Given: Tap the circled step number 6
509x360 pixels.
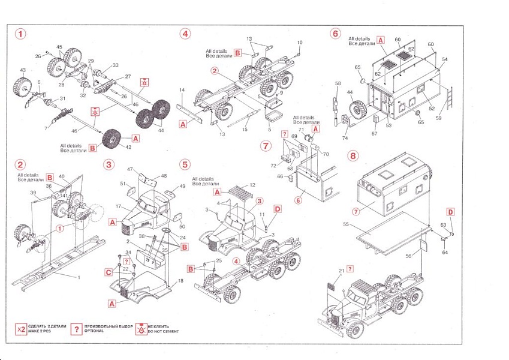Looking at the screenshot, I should click(335, 34).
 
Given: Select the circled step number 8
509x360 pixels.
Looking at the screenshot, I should click(353, 155).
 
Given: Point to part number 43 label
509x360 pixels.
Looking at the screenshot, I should click(23, 71).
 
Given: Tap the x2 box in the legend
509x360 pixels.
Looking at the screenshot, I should click(21, 329).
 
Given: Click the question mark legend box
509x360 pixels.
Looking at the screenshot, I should click(76, 329).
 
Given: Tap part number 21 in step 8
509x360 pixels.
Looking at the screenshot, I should click(342, 271).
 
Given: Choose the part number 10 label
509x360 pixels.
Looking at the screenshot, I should click(300, 42).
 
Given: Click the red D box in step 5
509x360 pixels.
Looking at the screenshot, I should click(277, 208).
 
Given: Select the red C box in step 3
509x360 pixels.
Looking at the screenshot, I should click(109, 272).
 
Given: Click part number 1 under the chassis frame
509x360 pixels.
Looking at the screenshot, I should click(78, 277).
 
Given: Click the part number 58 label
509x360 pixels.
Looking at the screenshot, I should click(338, 83).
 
